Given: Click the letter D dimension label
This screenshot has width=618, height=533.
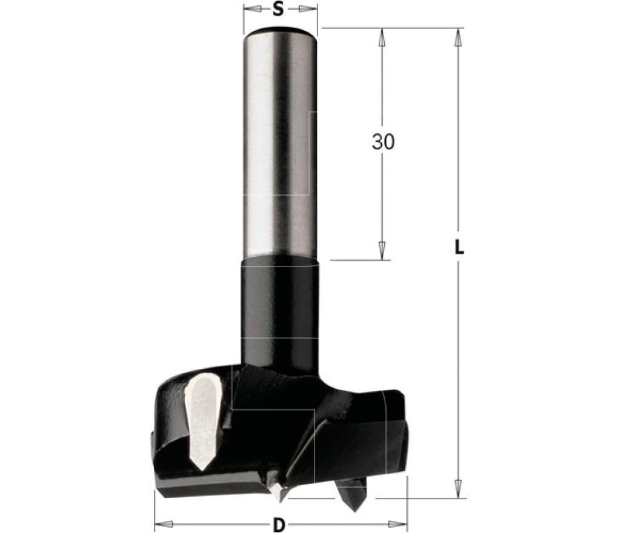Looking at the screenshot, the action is [x=279, y=525].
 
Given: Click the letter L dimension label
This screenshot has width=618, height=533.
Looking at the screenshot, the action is [x=458, y=247].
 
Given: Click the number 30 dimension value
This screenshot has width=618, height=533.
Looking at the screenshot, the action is [x=383, y=142].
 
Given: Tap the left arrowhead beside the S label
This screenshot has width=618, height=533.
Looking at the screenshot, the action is [x=254, y=9].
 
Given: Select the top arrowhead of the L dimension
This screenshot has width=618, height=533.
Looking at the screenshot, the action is [x=458, y=38].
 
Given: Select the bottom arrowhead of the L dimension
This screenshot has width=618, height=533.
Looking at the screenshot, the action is [x=458, y=489].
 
